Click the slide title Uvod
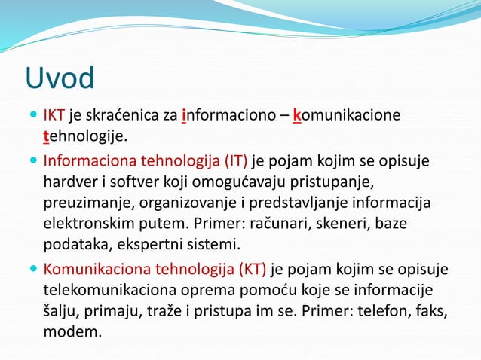pyautogui.click(x=60, y=78)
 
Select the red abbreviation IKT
pyautogui.click(x=54, y=116)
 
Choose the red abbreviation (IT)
pyautogui.click(x=234, y=160)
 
